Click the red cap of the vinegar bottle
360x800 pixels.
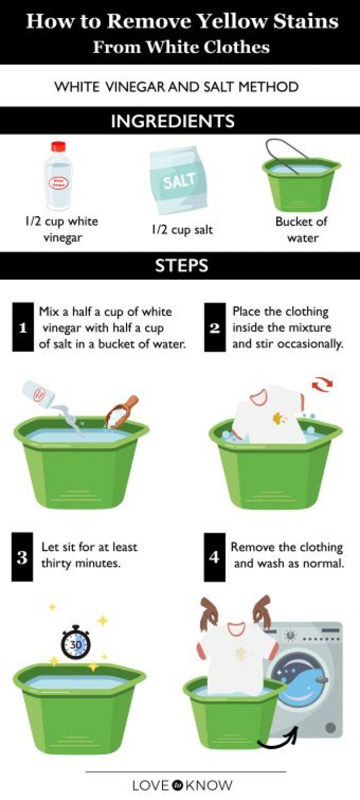pyautogui.click(x=58, y=147)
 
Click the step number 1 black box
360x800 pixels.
pyautogui.click(x=23, y=327)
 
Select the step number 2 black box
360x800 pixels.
pyautogui.click(x=215, y=327)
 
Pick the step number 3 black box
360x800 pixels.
pyautogui.click(x=22, y=557)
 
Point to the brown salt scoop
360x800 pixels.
pyautogui.click(x=122, y=412)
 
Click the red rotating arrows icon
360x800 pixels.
pyautogui.click(x=322, y=384)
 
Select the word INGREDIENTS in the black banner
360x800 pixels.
pyautogui.click(x=172, y=121)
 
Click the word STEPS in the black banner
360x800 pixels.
pyautogui.click(x=181, y=265)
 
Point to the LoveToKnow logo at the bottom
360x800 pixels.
pyautogui.click(x=182, y=784)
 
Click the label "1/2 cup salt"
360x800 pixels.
pyautogui.click(x=182, y=230)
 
